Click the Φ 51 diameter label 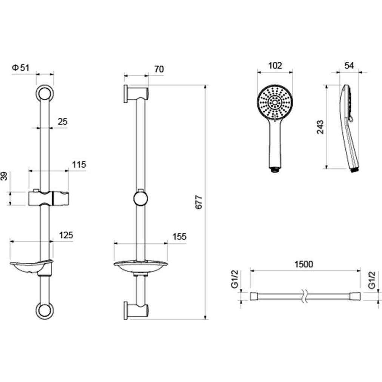20,68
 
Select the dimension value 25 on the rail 62,122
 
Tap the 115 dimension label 79,165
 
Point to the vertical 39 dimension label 5,176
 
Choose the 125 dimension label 66,235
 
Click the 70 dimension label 159,69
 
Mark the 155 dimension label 179,237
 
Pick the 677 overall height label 199,202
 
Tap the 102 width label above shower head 275,66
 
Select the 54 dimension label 349,65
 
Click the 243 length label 320,127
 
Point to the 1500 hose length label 303,264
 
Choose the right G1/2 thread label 372,280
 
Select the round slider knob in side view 141,199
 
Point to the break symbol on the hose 304,296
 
